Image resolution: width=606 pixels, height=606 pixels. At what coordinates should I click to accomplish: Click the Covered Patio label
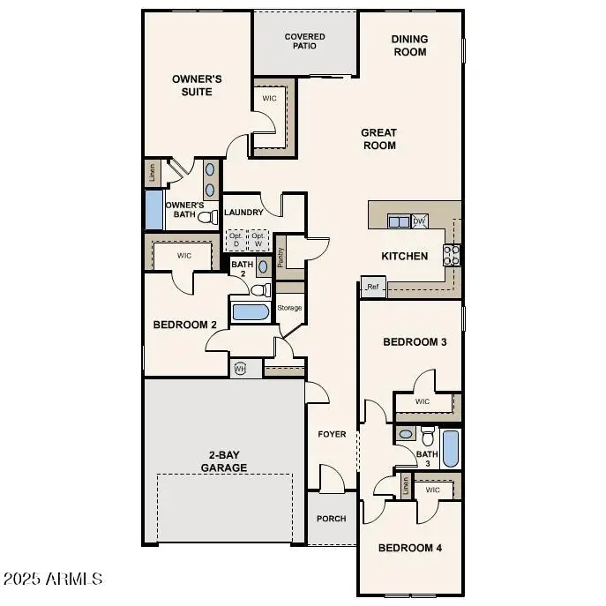click(304, 41)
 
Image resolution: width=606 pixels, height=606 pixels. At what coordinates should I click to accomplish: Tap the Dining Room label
click(409, 45)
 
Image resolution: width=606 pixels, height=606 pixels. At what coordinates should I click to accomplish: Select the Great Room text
click(378, 139)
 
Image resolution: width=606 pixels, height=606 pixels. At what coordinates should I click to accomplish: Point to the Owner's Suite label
click(197, 85)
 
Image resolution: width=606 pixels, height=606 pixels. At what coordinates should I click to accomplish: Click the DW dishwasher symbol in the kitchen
click(420, 221)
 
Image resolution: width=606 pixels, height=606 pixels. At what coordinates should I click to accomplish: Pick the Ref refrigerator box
click(372, 287)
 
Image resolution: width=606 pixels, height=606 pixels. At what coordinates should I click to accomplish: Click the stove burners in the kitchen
click(453, 255)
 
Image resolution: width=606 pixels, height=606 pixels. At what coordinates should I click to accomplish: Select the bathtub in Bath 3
click(450, 448)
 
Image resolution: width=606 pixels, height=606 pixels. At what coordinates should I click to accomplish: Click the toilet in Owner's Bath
click(207, 216)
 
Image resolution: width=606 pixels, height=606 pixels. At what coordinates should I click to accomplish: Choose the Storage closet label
click(289, 308)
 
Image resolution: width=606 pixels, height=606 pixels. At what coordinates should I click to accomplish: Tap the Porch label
click(331, 519)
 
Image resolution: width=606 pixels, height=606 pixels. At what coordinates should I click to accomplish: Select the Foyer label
click(332, 435)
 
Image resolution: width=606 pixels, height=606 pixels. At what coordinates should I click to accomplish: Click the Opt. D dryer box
click(236, 240)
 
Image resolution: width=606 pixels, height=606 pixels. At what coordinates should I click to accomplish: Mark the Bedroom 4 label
click(410, 548)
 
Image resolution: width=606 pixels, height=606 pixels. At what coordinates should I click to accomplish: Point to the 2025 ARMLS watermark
click(53, 580)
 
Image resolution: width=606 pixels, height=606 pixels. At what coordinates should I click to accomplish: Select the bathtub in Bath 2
click(251, 312)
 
